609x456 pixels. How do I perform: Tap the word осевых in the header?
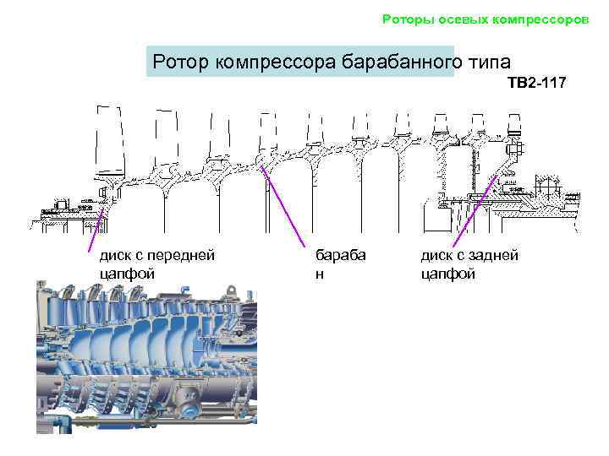click(457, 19)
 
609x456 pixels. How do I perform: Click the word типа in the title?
click(490, 62)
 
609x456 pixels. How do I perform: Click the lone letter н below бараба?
click(320, 274)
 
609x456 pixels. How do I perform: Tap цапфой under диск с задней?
click(447, 274)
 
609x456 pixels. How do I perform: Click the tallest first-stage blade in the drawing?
click(111, 144)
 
